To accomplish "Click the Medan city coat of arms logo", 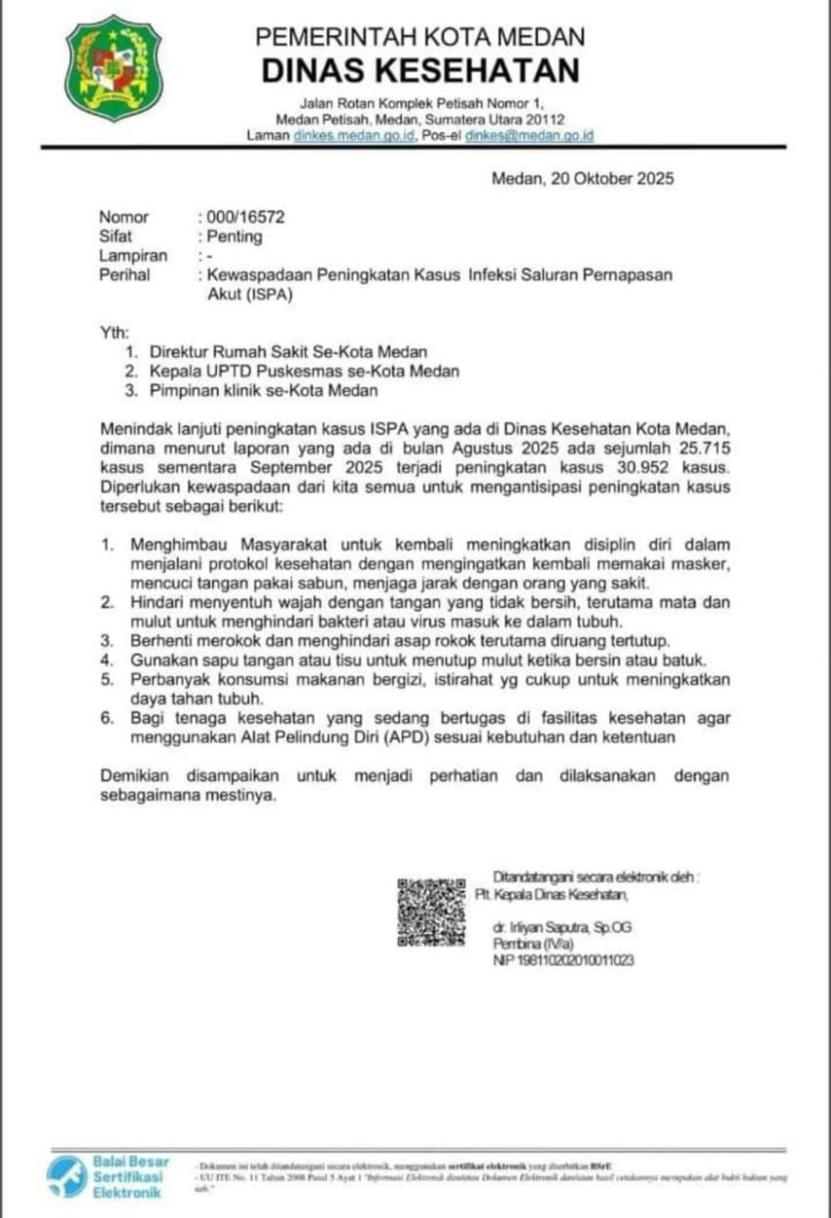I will click(x=114, y=68).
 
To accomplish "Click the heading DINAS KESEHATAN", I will click(x=420, y=70).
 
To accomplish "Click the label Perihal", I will click(x=124, y=276).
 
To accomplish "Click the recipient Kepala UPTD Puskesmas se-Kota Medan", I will click(x=304, y=371).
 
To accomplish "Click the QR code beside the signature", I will click(x=430, y=912).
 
